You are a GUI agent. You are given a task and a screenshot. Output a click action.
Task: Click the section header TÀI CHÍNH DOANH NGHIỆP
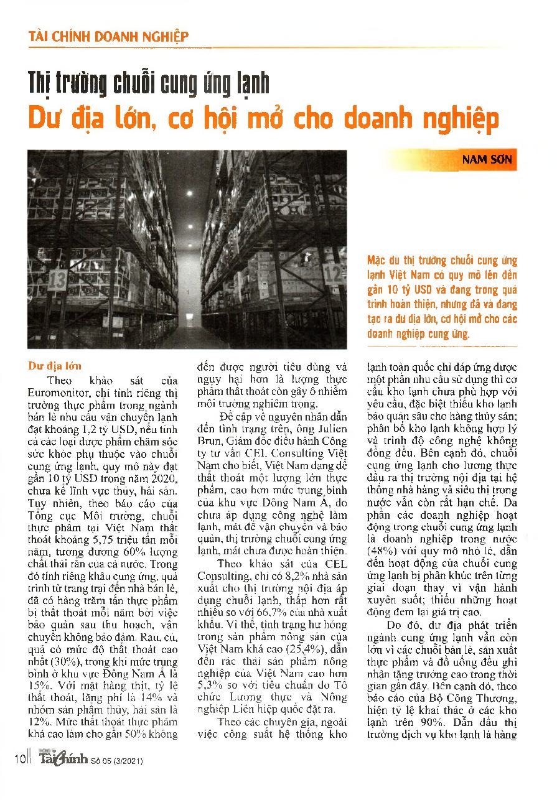pos(108,36)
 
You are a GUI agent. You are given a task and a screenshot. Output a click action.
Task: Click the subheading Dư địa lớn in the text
pos(55,366)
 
